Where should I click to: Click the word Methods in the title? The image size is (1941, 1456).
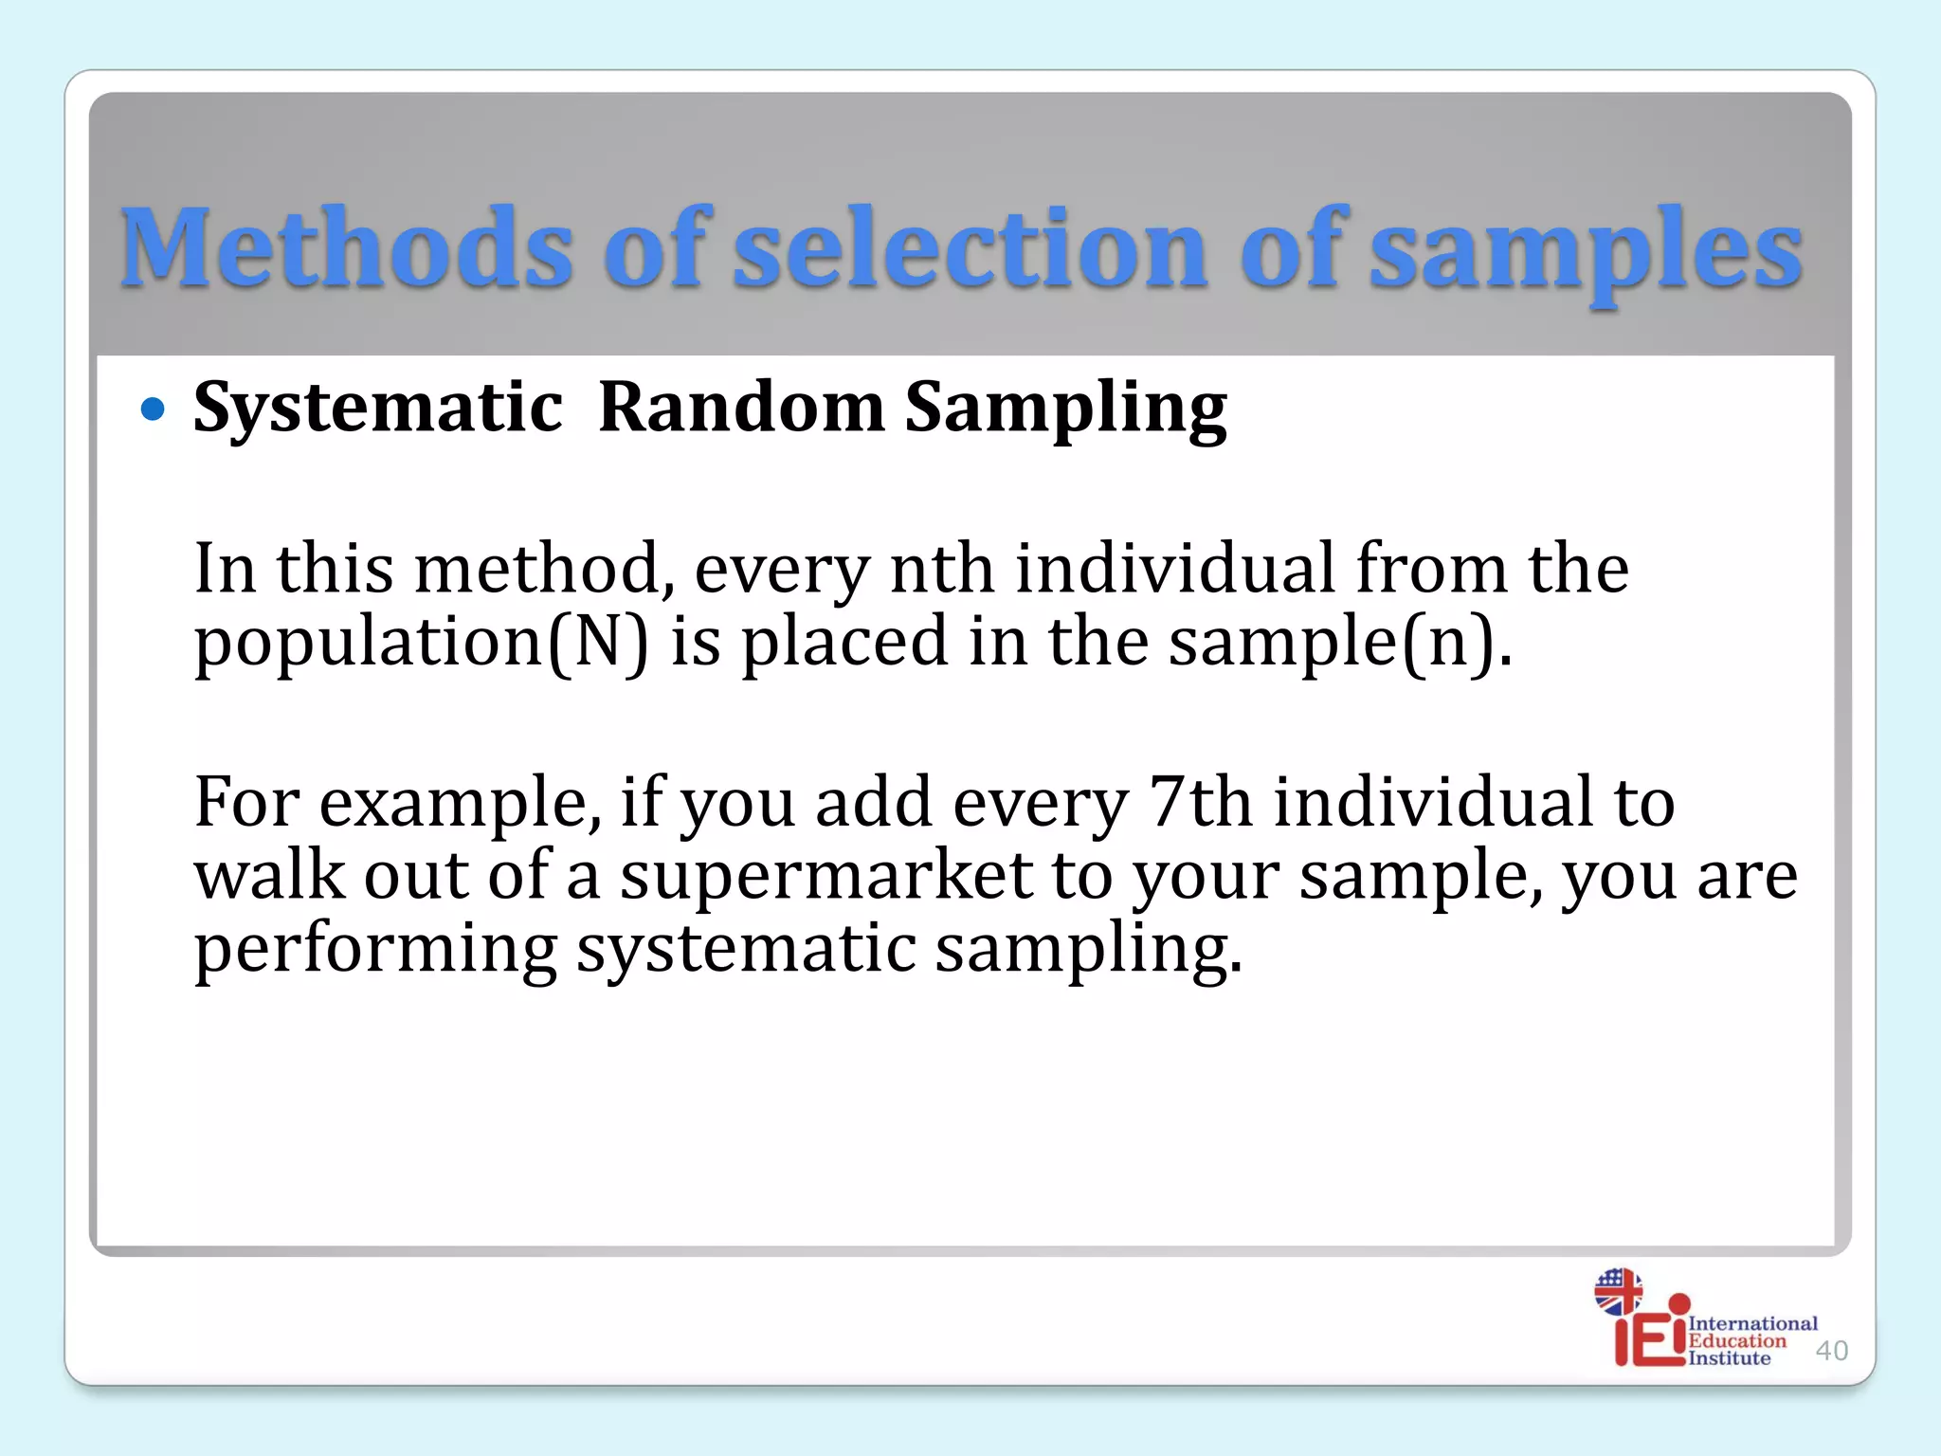346,248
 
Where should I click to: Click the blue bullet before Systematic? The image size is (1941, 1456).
153,409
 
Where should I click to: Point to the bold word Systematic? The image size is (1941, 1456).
378,408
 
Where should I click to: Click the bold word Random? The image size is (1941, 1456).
741,408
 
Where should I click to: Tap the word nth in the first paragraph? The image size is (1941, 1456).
942,569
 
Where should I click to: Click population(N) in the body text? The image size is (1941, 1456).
422,643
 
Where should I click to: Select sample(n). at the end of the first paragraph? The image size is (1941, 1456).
1339,643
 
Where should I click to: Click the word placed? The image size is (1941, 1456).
844,643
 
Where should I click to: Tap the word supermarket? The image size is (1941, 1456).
825,875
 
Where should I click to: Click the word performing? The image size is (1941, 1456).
375,950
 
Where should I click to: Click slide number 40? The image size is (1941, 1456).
1831,1350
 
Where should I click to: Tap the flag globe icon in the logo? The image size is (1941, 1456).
1618,1291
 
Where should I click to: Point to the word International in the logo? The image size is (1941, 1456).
1752,1323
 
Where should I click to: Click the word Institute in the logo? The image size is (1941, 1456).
1729,1358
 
